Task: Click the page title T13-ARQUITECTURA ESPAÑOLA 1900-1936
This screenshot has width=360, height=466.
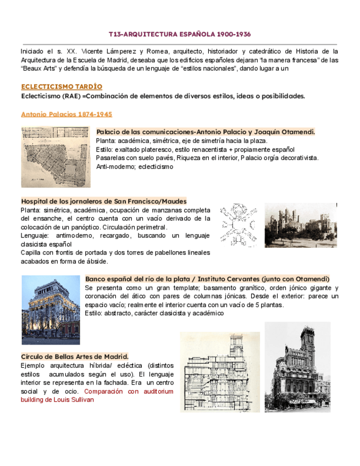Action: point(180,34)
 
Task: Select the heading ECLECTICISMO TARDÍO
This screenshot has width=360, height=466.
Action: point(61,87)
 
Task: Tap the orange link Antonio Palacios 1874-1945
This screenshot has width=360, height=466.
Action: point(66,114)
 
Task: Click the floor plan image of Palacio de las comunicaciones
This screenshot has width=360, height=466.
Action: point(56,157)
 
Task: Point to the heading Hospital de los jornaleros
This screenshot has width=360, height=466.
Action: point(103,202)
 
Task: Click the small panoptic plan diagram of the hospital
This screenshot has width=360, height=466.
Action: point(238,225)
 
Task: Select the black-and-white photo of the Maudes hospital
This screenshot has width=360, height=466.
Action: point(300,225)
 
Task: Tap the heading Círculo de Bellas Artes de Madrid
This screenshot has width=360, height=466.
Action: point(74,356)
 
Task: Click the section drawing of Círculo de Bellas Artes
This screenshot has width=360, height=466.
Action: point(220,372)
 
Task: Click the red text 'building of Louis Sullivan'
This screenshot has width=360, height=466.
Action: point(57,400)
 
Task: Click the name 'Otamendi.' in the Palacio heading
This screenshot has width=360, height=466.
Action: point(297,132)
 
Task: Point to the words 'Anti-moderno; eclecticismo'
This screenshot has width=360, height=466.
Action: point(134,167)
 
